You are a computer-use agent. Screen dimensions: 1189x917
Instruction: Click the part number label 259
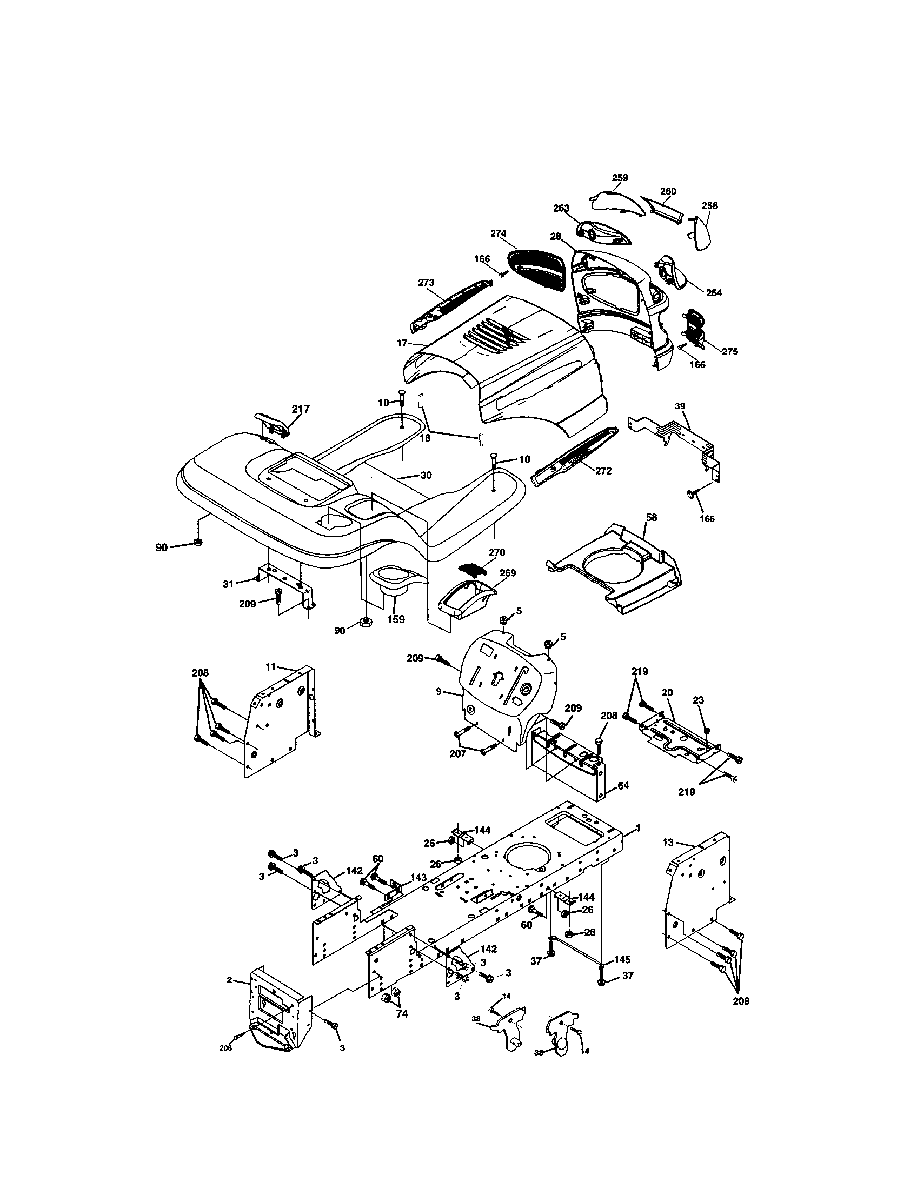point(620,177)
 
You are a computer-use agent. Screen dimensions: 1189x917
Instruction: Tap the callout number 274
point(499,233)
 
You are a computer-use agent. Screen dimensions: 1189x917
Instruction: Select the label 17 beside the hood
point(402,343)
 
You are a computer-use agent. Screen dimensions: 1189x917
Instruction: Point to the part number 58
point(651,517)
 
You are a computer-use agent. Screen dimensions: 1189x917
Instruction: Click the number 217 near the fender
point(301,409)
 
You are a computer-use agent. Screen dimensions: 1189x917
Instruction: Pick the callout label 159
point(396,619)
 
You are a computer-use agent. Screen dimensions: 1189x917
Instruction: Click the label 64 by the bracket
point(623,786)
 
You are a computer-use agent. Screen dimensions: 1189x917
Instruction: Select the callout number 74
point(402,1014)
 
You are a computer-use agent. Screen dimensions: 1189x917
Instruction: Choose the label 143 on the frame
point(418,877)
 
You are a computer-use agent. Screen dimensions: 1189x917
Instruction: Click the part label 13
point(668,842)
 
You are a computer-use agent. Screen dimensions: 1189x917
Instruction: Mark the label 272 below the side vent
point(603,471)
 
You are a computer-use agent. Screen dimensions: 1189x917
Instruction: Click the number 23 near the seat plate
point(699,700)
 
